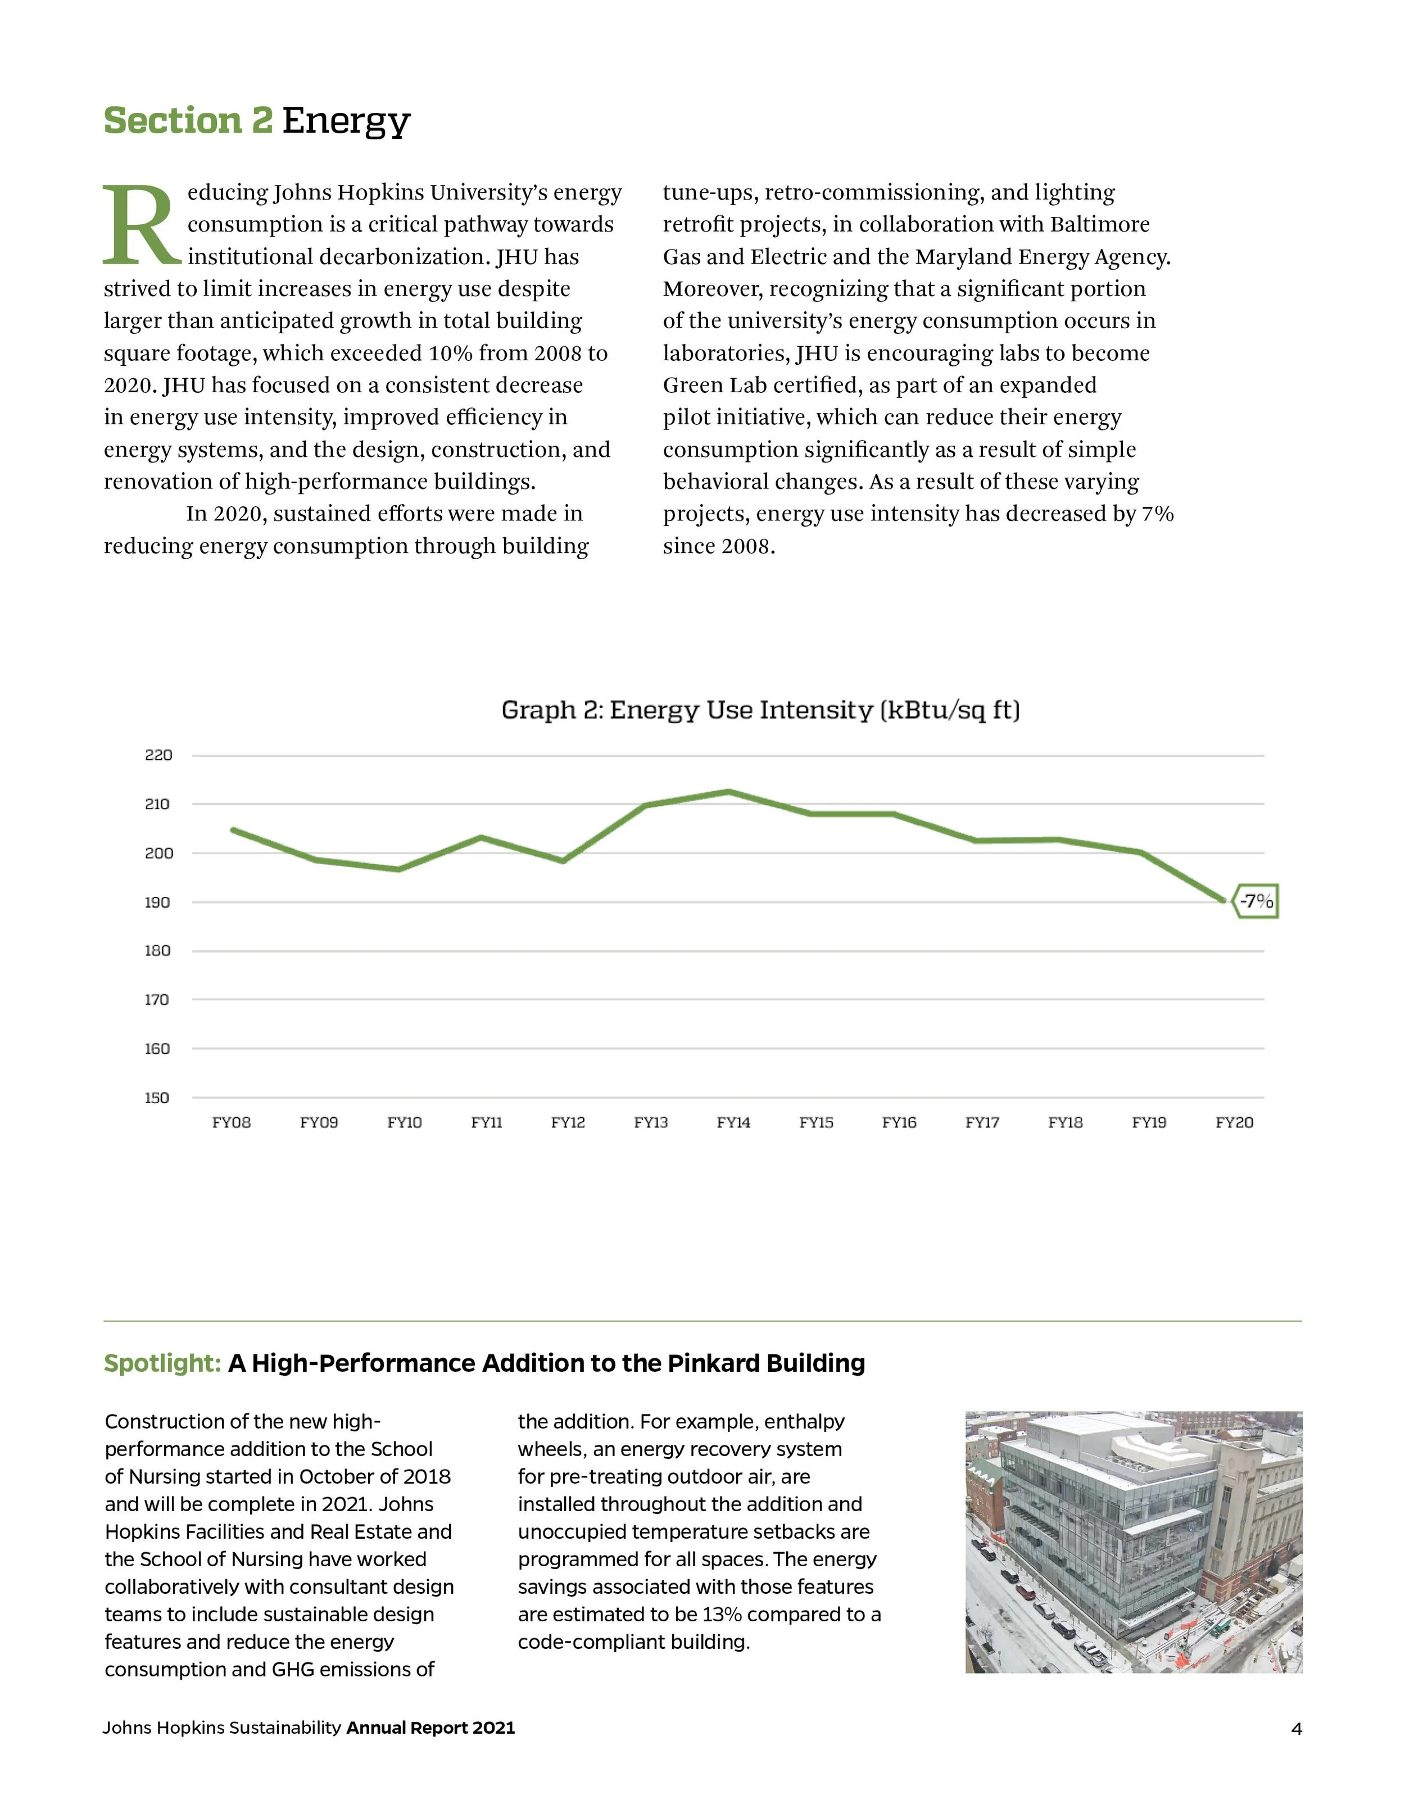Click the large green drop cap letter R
pyautogui.click(x=140, y=225)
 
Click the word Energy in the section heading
pyautogui.click(x=346, y=121)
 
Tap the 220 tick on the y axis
pyautogui.click(x=158, y=755)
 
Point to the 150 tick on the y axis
pyautogui.click(x=156, y=1098)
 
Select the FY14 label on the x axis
pyautogui.click(x=733, y=1123)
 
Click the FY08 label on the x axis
pyautogui.click(x=232, y=1123)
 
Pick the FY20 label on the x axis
pyautogui.click(x=1234, y=1123)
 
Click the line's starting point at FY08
pyautogui.click(x=234, y=830)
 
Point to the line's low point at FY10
pyautogui.click(x=398, y=869)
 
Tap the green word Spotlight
pyautogui.click(x=161, y=1363)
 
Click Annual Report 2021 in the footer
pyautogui.click(x=430, y=1728)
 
